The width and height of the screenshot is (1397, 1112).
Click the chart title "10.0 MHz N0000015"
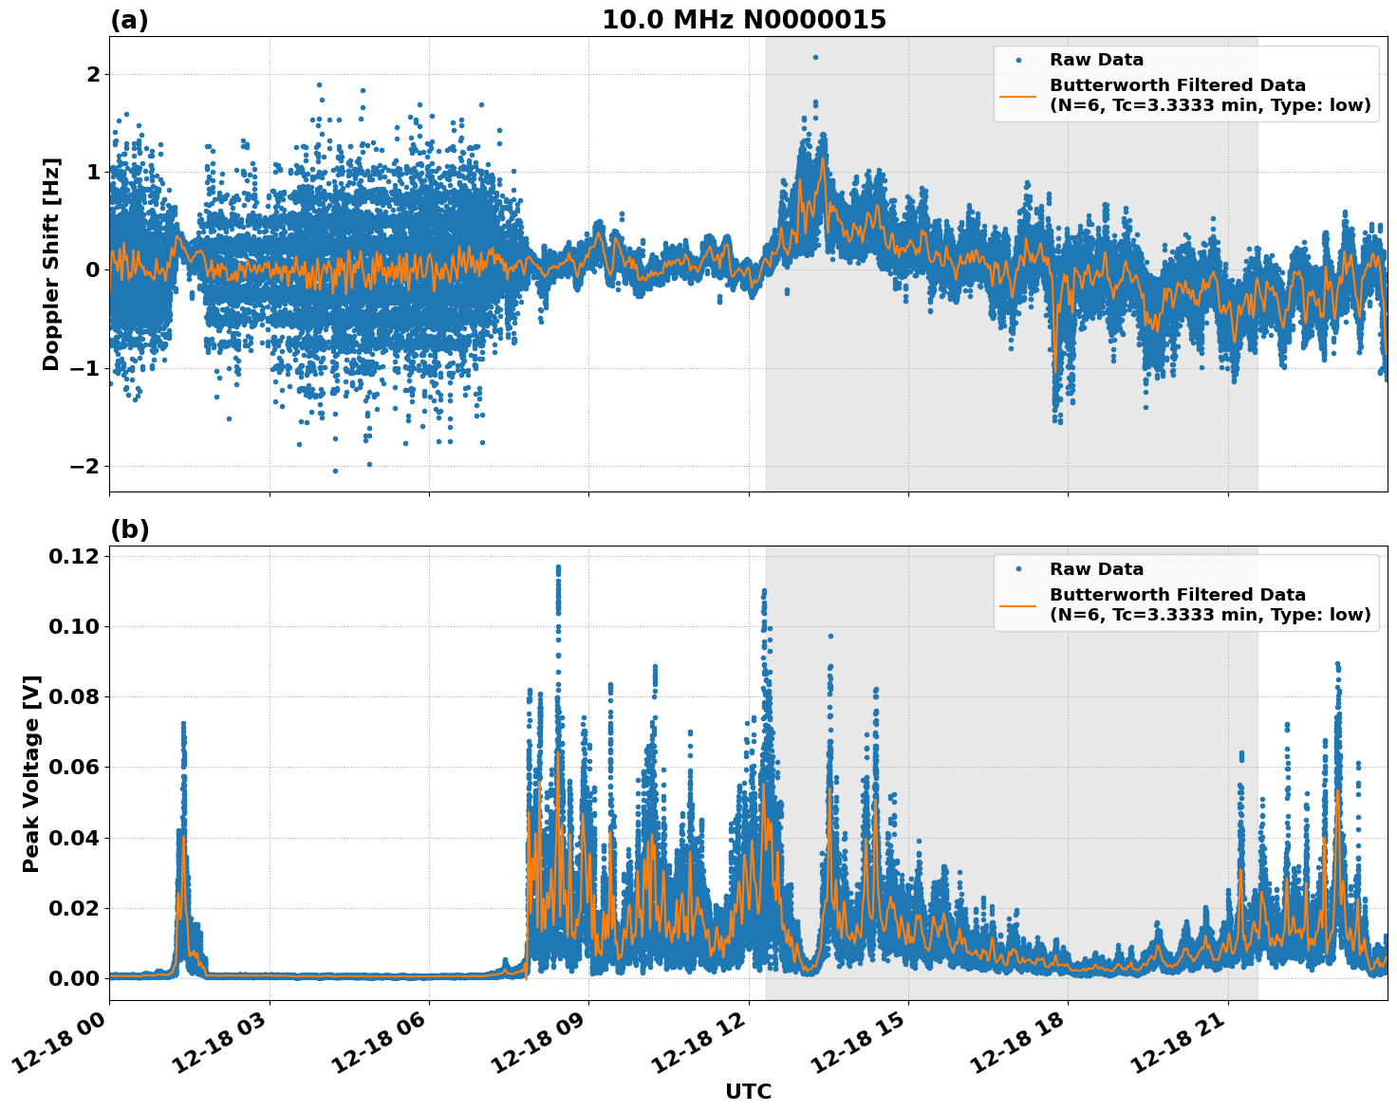[743, 20]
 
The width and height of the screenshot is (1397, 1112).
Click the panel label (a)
[129, 20]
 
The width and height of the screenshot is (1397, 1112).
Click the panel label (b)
[129, 529]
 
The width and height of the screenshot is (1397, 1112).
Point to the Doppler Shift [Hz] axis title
[51, 264]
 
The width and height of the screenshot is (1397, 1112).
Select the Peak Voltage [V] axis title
[31, 773]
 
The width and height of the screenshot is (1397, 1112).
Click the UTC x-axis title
[748, 1091]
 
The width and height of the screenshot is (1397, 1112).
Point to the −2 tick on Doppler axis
[83, 466]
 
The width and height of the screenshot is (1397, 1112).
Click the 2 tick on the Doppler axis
[93, 74]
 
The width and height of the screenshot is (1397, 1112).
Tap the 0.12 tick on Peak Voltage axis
[75, 556]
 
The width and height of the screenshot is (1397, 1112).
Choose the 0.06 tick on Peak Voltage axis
[75, 767]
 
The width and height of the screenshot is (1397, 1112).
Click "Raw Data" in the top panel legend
[1096, 60]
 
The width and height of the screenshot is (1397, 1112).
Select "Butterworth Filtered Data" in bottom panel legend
[1177, 595]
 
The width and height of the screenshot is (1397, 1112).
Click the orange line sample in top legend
[1017, 95]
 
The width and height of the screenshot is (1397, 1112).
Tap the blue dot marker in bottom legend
[1018, 569]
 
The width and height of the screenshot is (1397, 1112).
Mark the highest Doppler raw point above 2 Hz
[815, 57]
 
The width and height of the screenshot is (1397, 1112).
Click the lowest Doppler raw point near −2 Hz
[335, 471]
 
